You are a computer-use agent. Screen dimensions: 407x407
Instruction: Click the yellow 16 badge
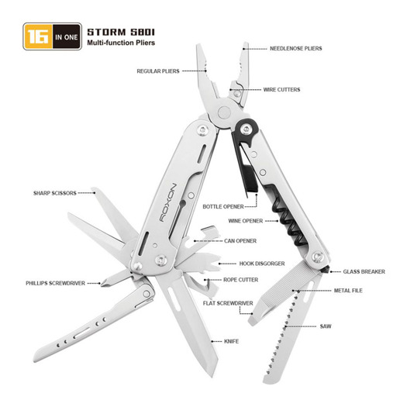[38, 36]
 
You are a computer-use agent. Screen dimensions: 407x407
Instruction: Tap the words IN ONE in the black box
[67, 37]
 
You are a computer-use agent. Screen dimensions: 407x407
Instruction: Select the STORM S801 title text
[121, 33]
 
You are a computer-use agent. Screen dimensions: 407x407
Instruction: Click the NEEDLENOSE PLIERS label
[296, 49]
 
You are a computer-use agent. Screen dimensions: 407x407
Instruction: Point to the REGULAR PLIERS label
[158, 71]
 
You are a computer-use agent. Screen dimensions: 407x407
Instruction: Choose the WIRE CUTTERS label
[282, 90]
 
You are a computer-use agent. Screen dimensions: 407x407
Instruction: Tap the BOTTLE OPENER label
[223, 207]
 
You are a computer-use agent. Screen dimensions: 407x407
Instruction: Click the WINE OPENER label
[246, 221]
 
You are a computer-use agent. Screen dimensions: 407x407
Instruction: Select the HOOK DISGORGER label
[262, 264]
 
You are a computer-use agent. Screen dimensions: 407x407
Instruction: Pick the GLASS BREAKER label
[364, 272]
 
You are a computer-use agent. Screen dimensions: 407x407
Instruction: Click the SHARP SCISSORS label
[55, 193]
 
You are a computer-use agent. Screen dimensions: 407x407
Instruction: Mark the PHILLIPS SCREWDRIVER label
[55, 283]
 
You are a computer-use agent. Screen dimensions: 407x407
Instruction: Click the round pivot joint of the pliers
[224, 113]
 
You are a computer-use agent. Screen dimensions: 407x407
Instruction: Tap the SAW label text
[326, 326]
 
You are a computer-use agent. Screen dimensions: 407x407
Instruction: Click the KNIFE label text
[231, 341]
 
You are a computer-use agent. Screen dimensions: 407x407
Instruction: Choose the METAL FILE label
[348, 291]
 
